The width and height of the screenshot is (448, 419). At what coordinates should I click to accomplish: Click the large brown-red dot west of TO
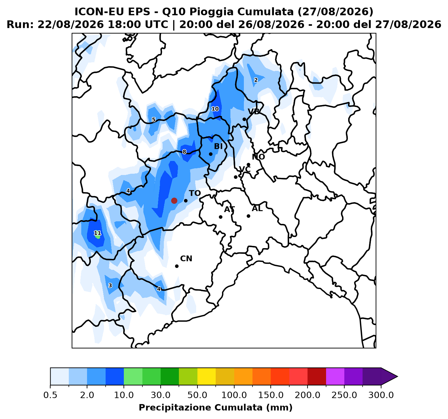click(174, 201)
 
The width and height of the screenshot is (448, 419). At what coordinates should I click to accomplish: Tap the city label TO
click(195, 193)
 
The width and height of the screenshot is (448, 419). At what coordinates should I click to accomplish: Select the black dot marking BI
click(211, 154)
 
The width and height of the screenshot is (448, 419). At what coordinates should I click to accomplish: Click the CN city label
click(186, 259)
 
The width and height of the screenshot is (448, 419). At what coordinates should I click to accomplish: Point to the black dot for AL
click(248, 216)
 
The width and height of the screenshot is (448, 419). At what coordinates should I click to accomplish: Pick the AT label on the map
click(229, 209)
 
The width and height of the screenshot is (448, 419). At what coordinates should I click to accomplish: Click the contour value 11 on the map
click(98, 233)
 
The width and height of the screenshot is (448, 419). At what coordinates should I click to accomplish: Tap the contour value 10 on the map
click(215, 109)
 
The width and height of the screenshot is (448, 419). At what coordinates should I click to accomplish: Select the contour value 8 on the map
click(184, 152)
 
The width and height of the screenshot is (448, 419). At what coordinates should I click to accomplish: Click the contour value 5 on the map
click(154, 119)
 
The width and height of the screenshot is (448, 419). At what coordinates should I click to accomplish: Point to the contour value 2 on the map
click(256, 80)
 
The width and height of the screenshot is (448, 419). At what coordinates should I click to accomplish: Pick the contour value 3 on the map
click(110, 286)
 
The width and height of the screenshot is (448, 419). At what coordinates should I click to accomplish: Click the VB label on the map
click(254, 111)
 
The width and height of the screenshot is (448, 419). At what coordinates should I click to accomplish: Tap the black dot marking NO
click(248, 164)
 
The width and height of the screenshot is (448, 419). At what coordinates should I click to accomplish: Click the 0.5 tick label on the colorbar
click(50, 395)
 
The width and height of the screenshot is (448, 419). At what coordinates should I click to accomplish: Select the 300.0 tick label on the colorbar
click(381, 395)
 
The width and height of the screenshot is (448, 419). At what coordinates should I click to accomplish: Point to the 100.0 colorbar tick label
click(234, 395)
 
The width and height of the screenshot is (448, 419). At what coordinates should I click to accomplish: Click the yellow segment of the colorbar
click(206, 377)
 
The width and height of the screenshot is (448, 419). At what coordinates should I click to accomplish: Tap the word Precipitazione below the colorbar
click(175, 408)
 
